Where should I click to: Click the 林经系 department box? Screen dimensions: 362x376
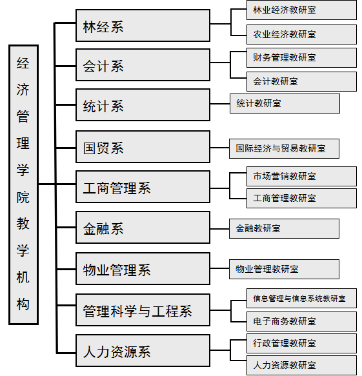coord(143,25)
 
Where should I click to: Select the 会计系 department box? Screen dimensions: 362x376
coord(143,65)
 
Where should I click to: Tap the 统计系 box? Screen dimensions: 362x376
coord(143,104)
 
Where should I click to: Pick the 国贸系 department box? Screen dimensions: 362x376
coord(143,147)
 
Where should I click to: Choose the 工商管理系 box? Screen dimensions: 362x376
coord(143,187)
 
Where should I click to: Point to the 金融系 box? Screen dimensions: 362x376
coord(143,227)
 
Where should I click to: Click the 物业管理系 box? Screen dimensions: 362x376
coord(143,268)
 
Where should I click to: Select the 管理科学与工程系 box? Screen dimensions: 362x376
coord(143,310)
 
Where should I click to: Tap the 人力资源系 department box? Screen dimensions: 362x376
coord(143,351)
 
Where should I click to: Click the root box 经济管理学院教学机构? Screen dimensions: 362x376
coord(23,185)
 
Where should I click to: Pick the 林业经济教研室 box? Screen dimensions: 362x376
coord(301,10)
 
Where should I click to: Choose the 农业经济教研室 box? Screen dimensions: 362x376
coord(301,34)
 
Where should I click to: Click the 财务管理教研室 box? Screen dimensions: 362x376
coord(301,57)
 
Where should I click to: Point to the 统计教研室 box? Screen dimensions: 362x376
coord(285,103)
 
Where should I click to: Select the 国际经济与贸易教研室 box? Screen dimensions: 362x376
coord(284,148)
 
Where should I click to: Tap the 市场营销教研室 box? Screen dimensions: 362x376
coord(301,177)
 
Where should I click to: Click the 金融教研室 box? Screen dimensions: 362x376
coord(284,228)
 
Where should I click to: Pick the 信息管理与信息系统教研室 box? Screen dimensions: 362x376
coord(301,299)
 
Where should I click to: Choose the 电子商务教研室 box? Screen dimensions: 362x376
coord(301,321)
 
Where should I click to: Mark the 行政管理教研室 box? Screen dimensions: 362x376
coord(301,343)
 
